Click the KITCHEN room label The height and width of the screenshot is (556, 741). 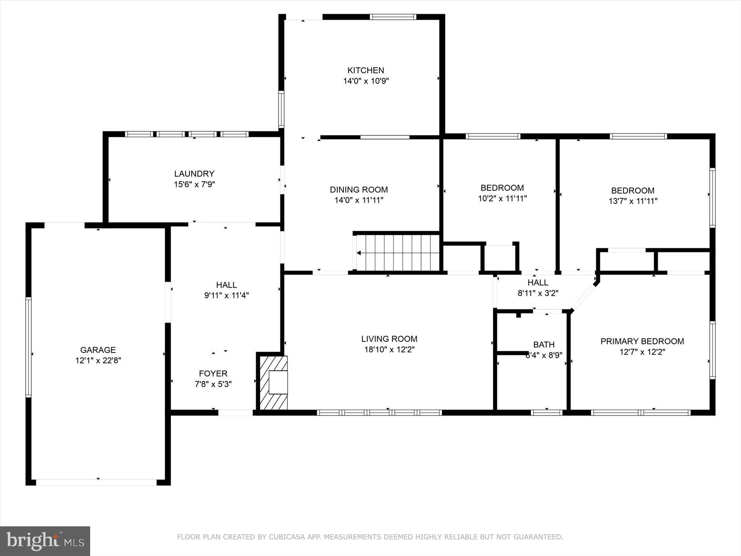click(x=366, y=70)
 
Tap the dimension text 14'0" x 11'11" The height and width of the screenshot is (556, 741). click(x=359, y=201)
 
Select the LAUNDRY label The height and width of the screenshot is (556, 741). click(x=194, y=174)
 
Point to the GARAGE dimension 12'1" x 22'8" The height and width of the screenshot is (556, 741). click(x=98, y=361)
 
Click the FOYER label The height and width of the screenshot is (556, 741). click(x=213, y=374)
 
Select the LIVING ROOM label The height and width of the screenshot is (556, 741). click(x=389, y=339)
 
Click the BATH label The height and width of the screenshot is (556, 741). click(x=543, y=345)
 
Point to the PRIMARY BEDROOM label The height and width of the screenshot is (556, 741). click(x=642, y=341)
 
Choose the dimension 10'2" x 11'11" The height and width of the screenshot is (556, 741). click(x=502, y=199)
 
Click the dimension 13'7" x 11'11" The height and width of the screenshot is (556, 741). click(x=633, y=201)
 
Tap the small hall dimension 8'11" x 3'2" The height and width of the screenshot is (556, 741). click(x=538, y=294)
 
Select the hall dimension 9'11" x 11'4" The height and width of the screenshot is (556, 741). click(x=226, y=295)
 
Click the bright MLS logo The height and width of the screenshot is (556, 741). click(x=45, y=541)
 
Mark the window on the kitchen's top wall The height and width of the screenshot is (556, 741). click(x=393, y=17)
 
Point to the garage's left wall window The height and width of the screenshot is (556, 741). click(x=28, y=347)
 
